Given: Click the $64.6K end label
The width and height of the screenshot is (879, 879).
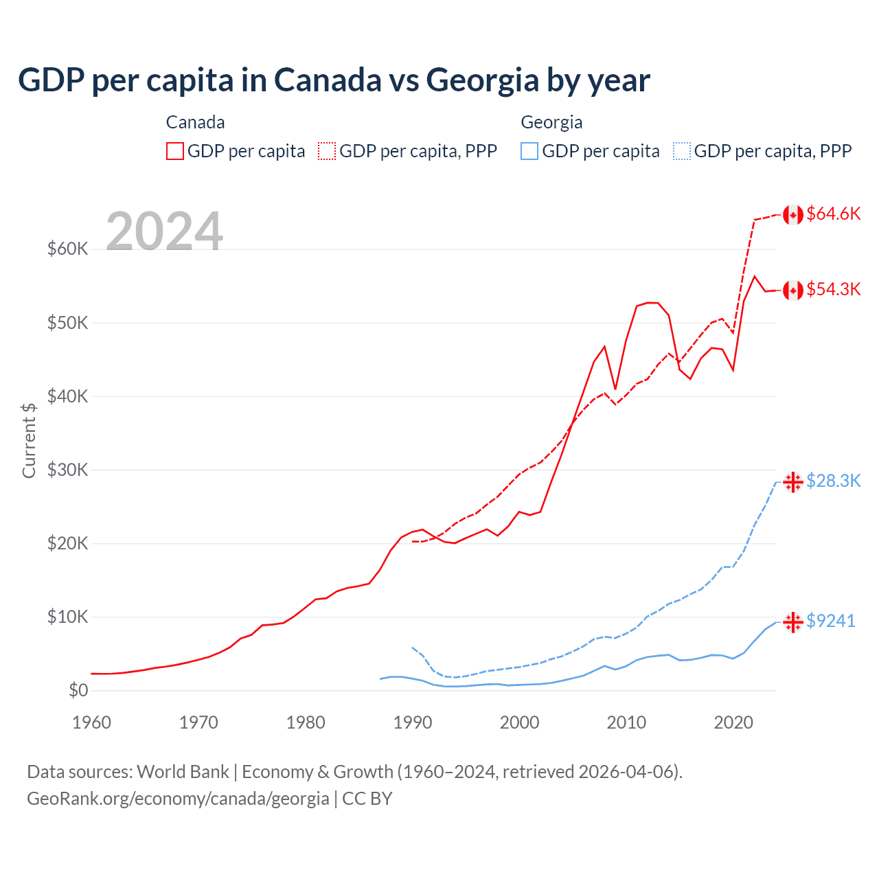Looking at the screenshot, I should pos(833,214).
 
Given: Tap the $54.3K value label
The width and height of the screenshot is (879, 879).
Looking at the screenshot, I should pos(833,289).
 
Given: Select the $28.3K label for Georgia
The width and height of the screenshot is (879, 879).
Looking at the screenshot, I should pos(833,481).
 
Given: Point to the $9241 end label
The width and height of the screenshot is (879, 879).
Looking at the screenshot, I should pos(830,621).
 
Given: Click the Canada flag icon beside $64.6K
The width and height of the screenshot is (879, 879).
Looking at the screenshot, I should pos(793,215).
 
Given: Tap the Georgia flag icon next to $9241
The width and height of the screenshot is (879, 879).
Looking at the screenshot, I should pos(793,622).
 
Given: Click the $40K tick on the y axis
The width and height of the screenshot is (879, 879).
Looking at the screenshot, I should pos(67,396).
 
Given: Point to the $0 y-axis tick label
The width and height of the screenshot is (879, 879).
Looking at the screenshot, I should pos(78,690).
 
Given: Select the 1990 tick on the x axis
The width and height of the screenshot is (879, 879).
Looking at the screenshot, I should pos(413,722).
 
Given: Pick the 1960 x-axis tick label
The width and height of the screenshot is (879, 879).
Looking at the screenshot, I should pos(91,722).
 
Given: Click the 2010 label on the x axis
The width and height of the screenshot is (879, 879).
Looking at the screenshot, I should pos(626,722).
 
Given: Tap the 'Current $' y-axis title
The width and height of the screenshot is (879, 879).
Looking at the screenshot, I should pos(29,440).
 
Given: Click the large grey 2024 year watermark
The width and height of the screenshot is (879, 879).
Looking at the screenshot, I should pos(164,231).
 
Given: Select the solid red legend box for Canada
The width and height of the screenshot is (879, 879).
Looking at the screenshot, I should pos(175,151).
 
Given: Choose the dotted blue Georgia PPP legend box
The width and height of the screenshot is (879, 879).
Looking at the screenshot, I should pos(681,151).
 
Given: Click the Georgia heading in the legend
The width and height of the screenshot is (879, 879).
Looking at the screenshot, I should pos(551,122).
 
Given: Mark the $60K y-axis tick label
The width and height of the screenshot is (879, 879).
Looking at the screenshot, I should pos(67,249).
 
